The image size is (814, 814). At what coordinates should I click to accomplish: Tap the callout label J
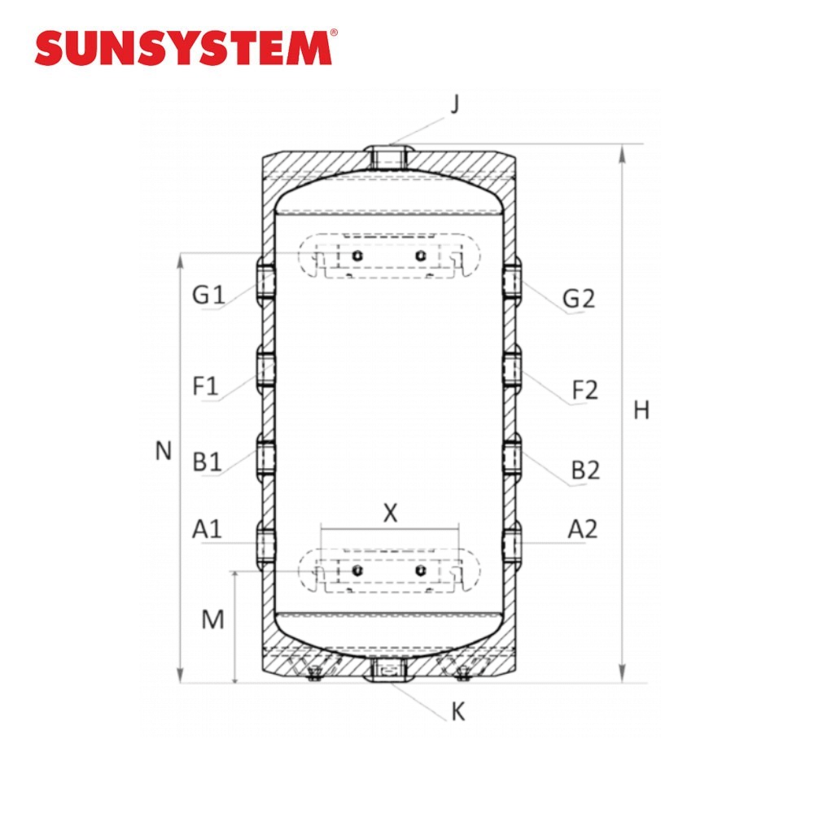pos(455,104)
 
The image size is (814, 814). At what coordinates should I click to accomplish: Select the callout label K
pos(457,711)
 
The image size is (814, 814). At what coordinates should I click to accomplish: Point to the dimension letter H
pos(641,410)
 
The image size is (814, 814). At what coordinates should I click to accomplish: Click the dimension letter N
pos(164,451)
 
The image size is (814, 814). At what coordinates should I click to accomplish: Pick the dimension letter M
pos(212,619)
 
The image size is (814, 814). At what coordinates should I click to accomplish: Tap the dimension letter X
pos(390,513)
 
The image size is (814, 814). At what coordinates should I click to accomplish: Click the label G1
pos(208,295)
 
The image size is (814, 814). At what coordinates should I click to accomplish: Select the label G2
pos(579,299)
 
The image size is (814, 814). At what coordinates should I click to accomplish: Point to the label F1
pos(206,386)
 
